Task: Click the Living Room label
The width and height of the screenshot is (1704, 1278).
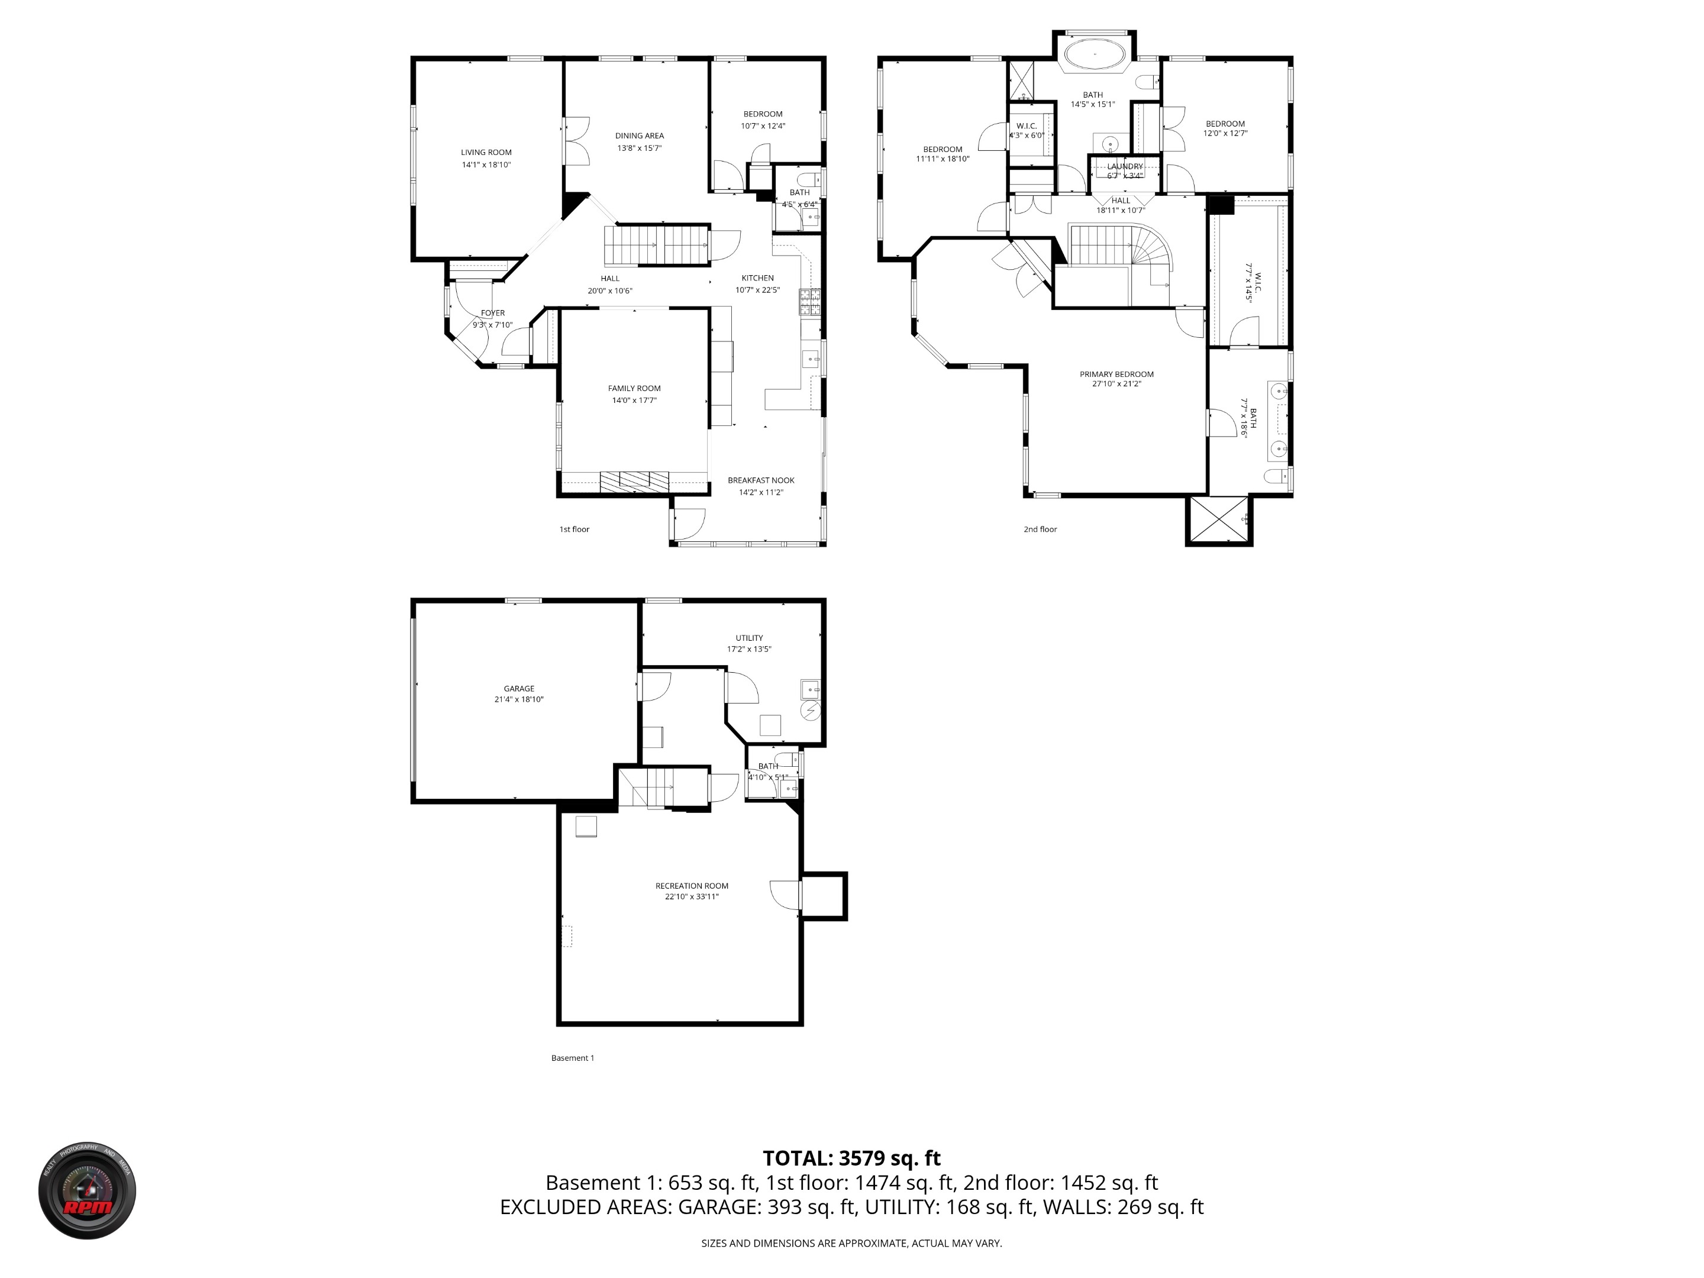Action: (486, 153)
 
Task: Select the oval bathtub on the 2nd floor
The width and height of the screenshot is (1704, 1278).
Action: (1094, 54)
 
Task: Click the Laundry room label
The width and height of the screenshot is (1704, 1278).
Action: (1125, 166)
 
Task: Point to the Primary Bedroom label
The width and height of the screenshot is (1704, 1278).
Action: (1116, 375)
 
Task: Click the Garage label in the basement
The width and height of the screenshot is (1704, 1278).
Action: (518, 689)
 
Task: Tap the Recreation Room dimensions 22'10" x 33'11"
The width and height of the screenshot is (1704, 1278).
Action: (692, 897)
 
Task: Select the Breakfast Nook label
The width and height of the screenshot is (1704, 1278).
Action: (760, 480)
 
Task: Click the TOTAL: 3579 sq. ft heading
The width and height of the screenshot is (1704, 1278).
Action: (851, 1158)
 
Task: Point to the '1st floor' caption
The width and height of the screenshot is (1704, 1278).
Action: (574, 529)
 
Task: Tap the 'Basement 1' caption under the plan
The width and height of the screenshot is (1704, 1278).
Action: (572, 1058)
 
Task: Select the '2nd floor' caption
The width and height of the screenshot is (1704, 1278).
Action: (1040, 529)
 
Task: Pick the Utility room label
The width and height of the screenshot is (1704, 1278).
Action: (749, 638)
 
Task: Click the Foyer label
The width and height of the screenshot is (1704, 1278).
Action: (492, 313)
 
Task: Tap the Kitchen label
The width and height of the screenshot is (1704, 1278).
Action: (757, 278)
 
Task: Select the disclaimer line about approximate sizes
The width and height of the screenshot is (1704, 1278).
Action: (851, 1242)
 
